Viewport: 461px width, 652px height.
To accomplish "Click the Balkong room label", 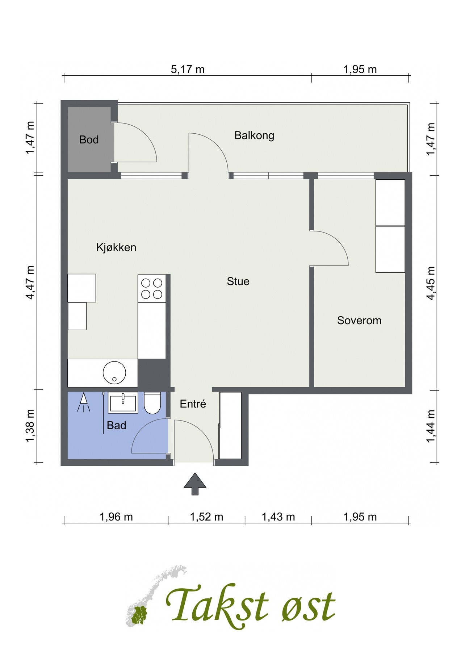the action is click(254, 135).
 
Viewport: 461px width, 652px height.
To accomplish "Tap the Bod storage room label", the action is click(89, 139).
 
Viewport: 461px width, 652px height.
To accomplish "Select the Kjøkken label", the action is click(116, 247).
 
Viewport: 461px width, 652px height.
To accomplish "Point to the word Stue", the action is click(238, 281).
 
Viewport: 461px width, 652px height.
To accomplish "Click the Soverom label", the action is click(359, 320).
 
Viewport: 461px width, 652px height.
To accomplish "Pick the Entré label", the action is click(193, 404).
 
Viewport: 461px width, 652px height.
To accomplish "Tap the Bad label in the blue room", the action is click(116, 425).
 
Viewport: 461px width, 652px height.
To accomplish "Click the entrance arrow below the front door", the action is click(195, 484).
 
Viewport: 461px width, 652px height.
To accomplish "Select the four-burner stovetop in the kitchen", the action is click(152, 288).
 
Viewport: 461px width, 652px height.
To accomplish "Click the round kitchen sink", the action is click(114, 372).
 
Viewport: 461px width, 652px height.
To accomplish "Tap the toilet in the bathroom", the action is click(152, 403).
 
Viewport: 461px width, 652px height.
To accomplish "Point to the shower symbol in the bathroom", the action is click(84, 402).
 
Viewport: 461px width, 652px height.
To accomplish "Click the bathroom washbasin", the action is click(123, 403).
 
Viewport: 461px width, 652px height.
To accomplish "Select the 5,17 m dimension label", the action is click(188, 69).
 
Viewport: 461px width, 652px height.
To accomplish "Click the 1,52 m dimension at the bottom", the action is click(206, 517).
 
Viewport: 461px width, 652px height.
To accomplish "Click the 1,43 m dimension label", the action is click(278, 517).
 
